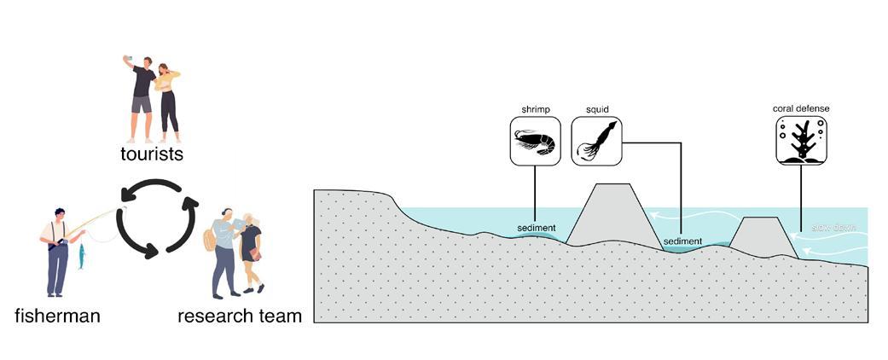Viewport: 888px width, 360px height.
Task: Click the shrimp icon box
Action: pyautogui.click(x=535, y=141)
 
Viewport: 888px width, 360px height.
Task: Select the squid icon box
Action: pyautogui.click(x=595, y=141)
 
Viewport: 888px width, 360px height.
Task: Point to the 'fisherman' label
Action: pyautogui.click(x=57, y=316)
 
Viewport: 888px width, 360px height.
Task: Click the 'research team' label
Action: pyautogui.click(x=240, y=316)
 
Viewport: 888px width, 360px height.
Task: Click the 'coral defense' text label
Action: pyautogui.click(x=801, y=109)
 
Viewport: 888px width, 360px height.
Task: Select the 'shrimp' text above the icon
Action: pyautogui.click(x=534, y=109)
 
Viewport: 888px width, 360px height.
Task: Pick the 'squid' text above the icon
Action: pyautogui.click(x=595, y=109)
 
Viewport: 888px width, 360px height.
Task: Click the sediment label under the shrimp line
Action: pyautogui.click(x=537, y=229)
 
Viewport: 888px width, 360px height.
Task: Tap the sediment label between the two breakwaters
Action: pyautogui.click(x=682, y=242)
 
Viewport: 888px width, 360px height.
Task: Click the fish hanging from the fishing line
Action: pyautogui.click(x=82, y=255)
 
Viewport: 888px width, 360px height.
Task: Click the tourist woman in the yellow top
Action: pyautogui.click(x=168, y=102)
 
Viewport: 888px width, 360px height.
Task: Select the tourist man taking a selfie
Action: pyautogui.click(x=142, y=98)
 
